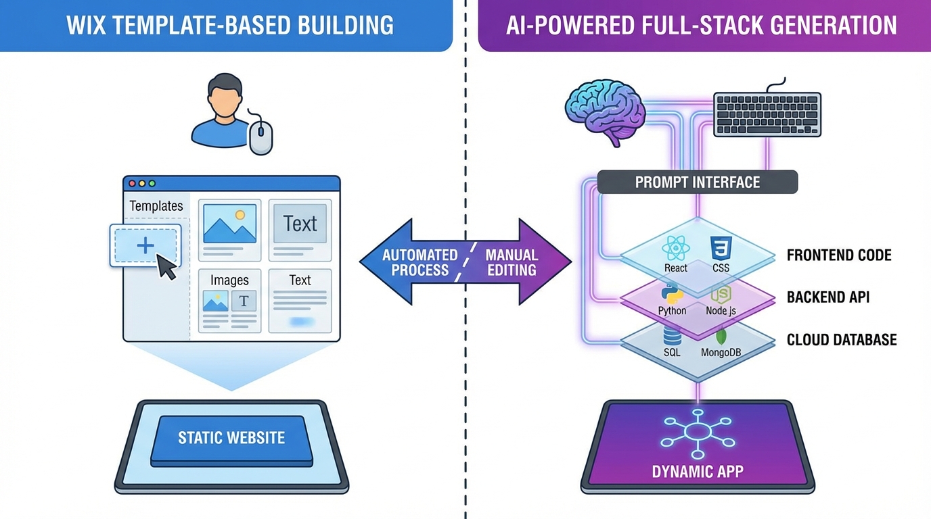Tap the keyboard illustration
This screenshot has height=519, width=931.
[767, 115]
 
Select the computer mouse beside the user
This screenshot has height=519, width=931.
[260, 139]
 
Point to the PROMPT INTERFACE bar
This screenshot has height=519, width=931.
[697, 182]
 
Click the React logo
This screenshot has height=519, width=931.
[675, 248]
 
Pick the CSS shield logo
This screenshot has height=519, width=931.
[721, 248]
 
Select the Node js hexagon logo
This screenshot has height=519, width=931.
[721, 293]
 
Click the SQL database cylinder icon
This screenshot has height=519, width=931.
[672, 335]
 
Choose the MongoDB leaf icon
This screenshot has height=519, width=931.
[721, 335]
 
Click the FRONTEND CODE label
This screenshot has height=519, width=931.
[838, 255]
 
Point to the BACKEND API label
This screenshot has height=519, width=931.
[827, 297]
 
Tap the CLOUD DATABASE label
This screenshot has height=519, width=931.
[841, 340]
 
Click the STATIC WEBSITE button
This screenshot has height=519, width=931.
[231, 438]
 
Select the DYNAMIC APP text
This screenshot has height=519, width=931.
[697, 471]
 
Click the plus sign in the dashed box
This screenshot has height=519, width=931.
[145, 245]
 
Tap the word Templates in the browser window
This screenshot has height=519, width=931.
[156, 206]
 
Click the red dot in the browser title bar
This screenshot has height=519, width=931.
[132, 183]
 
